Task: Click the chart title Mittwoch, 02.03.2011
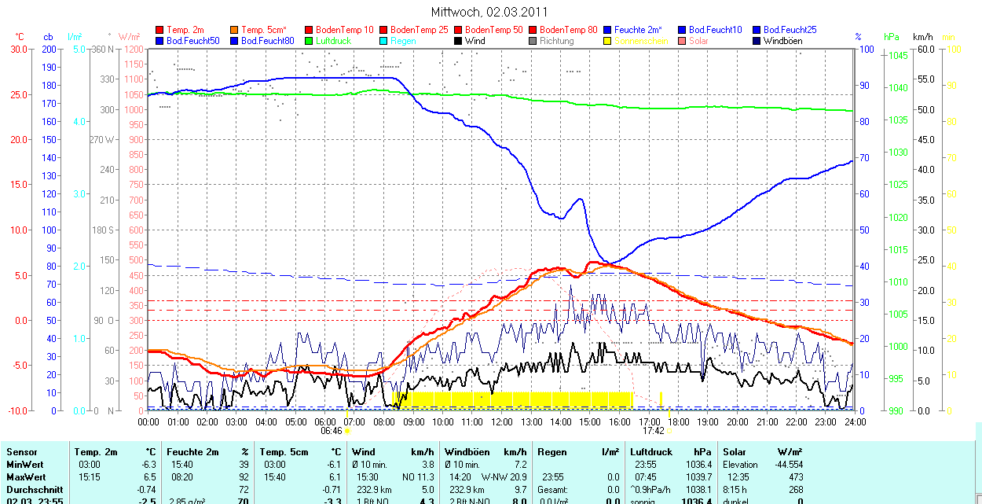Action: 489,12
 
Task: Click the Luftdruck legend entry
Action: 333,41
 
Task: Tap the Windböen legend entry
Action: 783,41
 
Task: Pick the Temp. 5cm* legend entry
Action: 264,30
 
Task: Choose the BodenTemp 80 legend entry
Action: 569,30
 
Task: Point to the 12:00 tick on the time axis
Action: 501,422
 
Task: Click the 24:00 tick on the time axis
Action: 854,422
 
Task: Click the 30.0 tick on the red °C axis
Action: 17,50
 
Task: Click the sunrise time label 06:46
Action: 332,431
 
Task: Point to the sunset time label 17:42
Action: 654,431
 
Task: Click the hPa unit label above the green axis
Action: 891,37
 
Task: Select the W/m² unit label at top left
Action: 129,37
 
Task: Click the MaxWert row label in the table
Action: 26,477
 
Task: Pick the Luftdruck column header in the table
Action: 652,452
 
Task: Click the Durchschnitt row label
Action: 34,489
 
